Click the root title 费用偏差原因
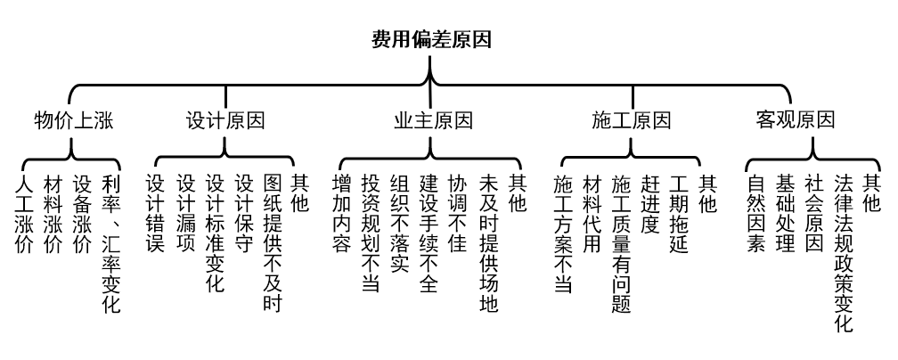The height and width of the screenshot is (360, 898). (x=431, y=40)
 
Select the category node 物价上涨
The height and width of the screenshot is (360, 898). (x=74, y=120)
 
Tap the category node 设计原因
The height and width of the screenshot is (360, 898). (x=225, y=120)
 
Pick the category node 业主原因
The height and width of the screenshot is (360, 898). (x=433, y=120)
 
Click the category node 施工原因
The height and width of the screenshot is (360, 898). (x=632, y=120)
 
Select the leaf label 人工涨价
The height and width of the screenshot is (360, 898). (x=24, y=214)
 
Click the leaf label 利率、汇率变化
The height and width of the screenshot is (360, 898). (x=110, y=243)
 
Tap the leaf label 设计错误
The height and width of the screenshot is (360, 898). (x=155, y=214)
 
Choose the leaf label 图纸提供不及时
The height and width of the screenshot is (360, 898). (x=272, y=243)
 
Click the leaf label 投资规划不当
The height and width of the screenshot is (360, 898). (x=370, y=233)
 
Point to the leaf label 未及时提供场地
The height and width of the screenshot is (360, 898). (x=487, y=243)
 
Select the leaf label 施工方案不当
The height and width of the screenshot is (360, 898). (x=562, y=233)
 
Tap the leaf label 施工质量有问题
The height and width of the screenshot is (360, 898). (x=621, y=243)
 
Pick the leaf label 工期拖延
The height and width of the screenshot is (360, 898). (x=679, y=214)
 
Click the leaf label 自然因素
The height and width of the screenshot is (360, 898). (x=755, y=214)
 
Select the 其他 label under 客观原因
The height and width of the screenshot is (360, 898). (x=871, y=194)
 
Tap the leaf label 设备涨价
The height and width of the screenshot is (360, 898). (x=82, y=214)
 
